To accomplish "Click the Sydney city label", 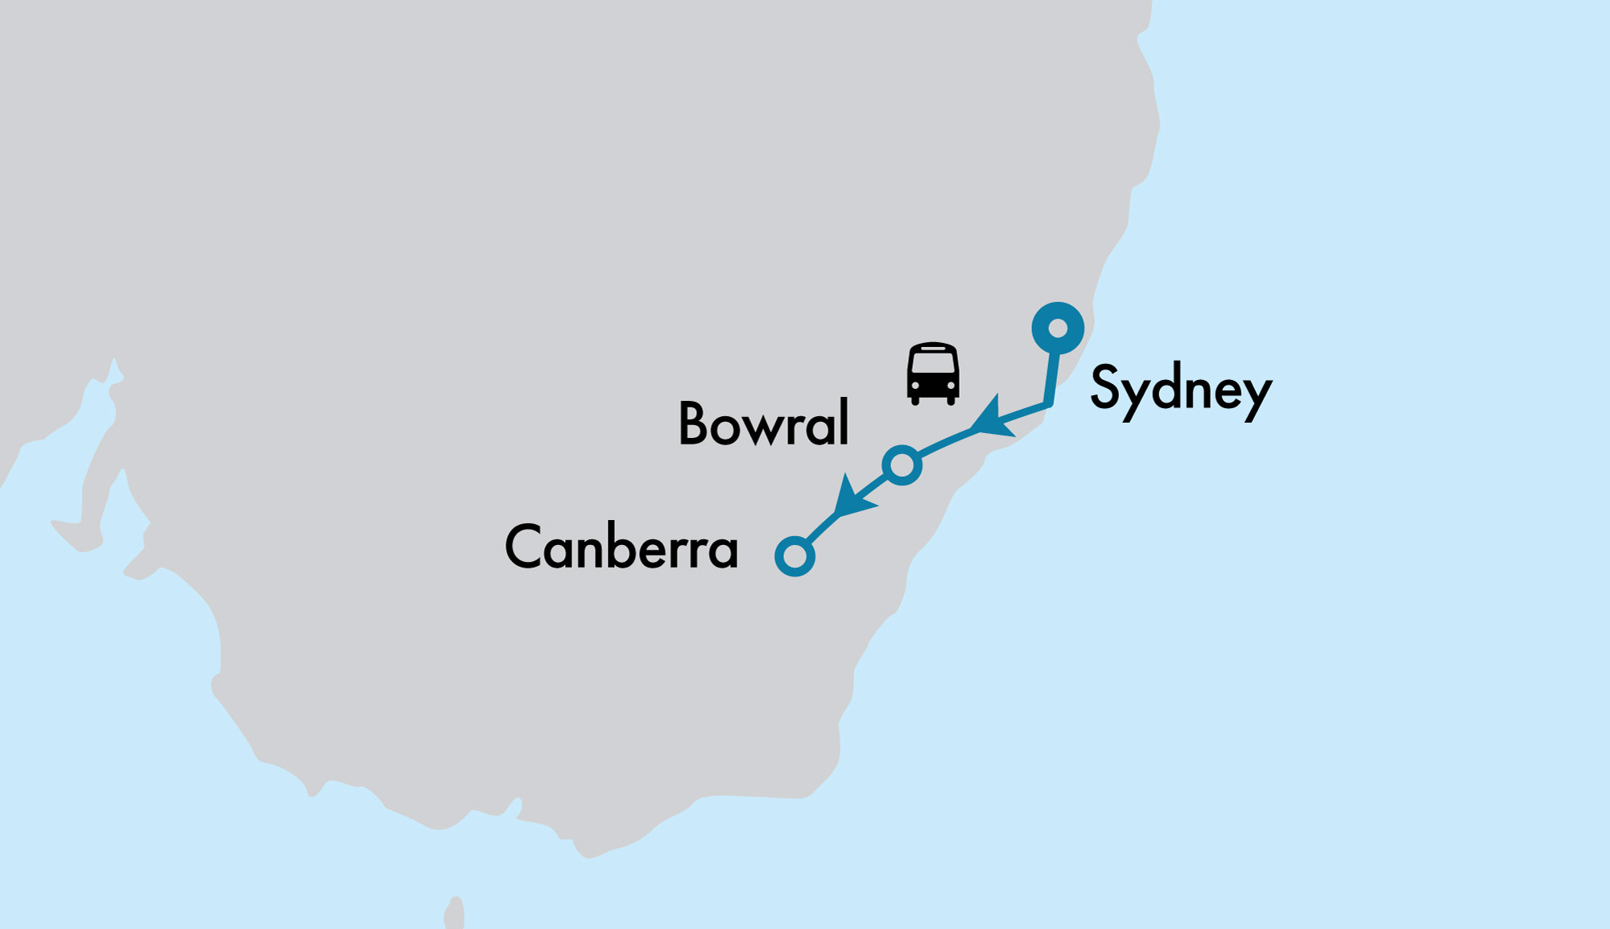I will (1180, 390).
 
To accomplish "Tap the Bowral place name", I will (763, 423).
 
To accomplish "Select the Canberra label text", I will (621, 547).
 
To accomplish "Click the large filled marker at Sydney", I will (1058, 328).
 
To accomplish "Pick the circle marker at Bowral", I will (902, 465).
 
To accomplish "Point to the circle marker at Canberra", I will (795, 556).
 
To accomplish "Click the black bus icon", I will (932, 374).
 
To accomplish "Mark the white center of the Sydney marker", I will (1058, 328).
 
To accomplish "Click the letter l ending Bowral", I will (844, 422).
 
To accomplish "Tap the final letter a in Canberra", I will (723, 551).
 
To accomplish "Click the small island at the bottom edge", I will (455, 915).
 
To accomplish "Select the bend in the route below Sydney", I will (1048, 403).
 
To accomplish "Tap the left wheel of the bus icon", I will (914, 400).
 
